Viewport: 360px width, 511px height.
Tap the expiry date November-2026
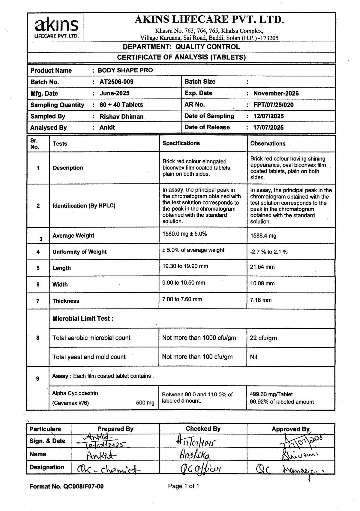276,93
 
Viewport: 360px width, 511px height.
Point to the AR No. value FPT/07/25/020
273,105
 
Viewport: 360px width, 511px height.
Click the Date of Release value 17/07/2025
268,128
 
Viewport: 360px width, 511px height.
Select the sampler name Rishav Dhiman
121,116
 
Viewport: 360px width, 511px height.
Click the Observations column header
268,143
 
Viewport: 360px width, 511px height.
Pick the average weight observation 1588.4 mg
263,236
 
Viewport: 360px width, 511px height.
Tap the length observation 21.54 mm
262,267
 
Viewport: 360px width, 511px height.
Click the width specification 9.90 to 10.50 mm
184,283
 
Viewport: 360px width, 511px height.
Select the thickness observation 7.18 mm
261,300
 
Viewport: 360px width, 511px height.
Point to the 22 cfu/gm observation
263,338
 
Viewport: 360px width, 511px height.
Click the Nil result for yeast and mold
253,357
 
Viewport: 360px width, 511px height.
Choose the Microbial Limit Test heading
83,319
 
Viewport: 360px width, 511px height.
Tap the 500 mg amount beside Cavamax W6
145,403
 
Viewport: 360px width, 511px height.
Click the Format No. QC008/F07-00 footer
66,486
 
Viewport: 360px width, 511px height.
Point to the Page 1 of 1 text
183,486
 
